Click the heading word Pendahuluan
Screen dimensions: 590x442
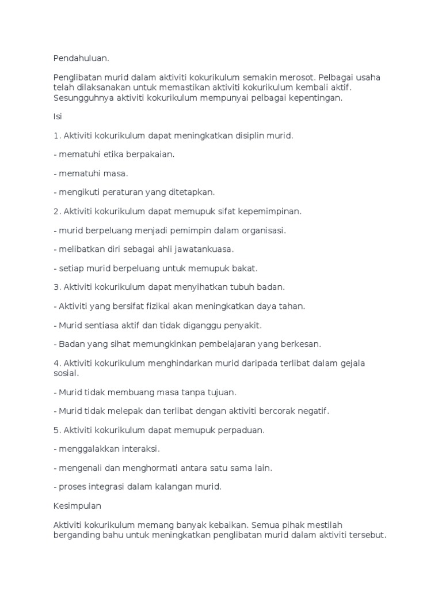(81, 59)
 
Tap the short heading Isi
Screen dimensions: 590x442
(57, 116)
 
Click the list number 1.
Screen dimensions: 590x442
(56, 135)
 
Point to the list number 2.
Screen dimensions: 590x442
(56, 211)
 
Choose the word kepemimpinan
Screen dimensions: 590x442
(270, 211)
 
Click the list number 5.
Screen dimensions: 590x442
(56, 430)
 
